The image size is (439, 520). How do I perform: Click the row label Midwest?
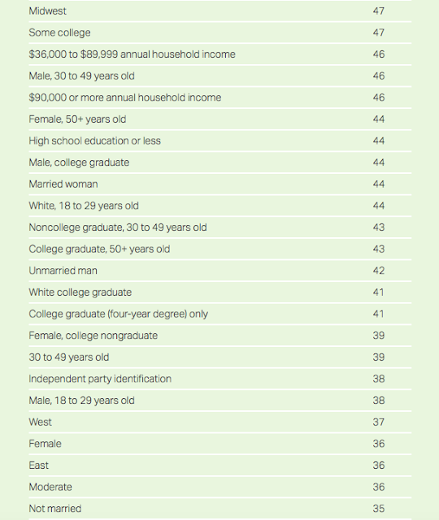(47, 11)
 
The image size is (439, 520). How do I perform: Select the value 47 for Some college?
(378, 32)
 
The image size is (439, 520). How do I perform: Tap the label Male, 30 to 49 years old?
(81, 76)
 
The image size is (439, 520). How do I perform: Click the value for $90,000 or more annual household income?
(378, 97)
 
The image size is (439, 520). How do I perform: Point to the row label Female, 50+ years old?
(77, 119)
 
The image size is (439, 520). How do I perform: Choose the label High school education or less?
(94, 141)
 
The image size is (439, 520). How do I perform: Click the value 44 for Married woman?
(378, 184)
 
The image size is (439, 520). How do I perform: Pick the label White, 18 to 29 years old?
(84, 206)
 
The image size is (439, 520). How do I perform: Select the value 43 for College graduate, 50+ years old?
(378, 249)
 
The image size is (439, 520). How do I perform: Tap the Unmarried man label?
(63, 271)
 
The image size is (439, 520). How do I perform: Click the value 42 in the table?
(378, 271)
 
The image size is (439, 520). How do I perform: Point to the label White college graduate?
(80, 292)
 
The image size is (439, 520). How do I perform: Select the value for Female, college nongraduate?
(378, 336)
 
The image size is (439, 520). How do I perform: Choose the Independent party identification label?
(100, 379)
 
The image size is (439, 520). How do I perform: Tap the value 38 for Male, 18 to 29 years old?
(378, 401)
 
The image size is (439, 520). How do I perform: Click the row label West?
(40, 422)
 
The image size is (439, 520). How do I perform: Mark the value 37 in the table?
(378, 422)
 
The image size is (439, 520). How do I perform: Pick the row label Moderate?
(50, 487)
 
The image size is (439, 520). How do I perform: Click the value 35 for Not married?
(378, 509)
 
